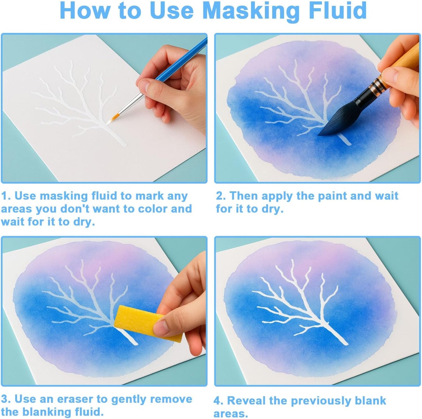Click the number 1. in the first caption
click(6, 196)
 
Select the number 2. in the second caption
click(221, 196)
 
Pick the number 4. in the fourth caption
click(218, 401)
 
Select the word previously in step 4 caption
click(320, 401)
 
